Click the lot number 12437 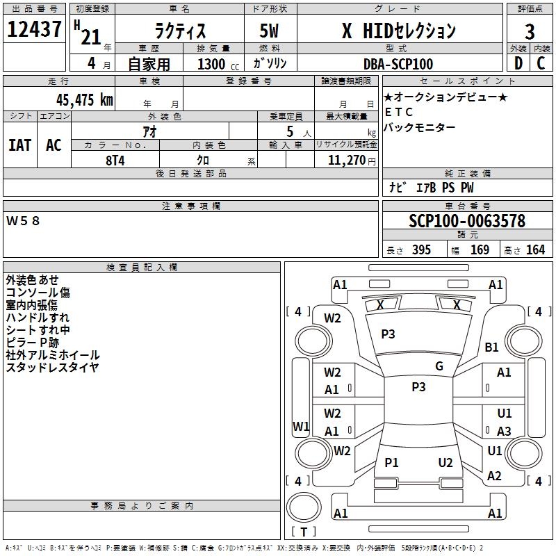[34, 29]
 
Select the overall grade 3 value [530, 32]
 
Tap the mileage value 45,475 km [84, 99]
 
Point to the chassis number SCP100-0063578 [467, 220]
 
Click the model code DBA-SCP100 [398, 64]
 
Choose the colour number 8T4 [115, 161]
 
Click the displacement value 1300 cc [218, 64]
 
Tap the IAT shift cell [20, 145]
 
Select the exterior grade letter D [518, 63]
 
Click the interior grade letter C [541, 63]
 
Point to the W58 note [23, 221]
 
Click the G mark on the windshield [439, 366]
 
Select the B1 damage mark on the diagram [491, 347]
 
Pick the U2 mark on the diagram [445, 463]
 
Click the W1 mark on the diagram [301, 426]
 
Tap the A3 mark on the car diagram [504, 431]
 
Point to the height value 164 [535, 250]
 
